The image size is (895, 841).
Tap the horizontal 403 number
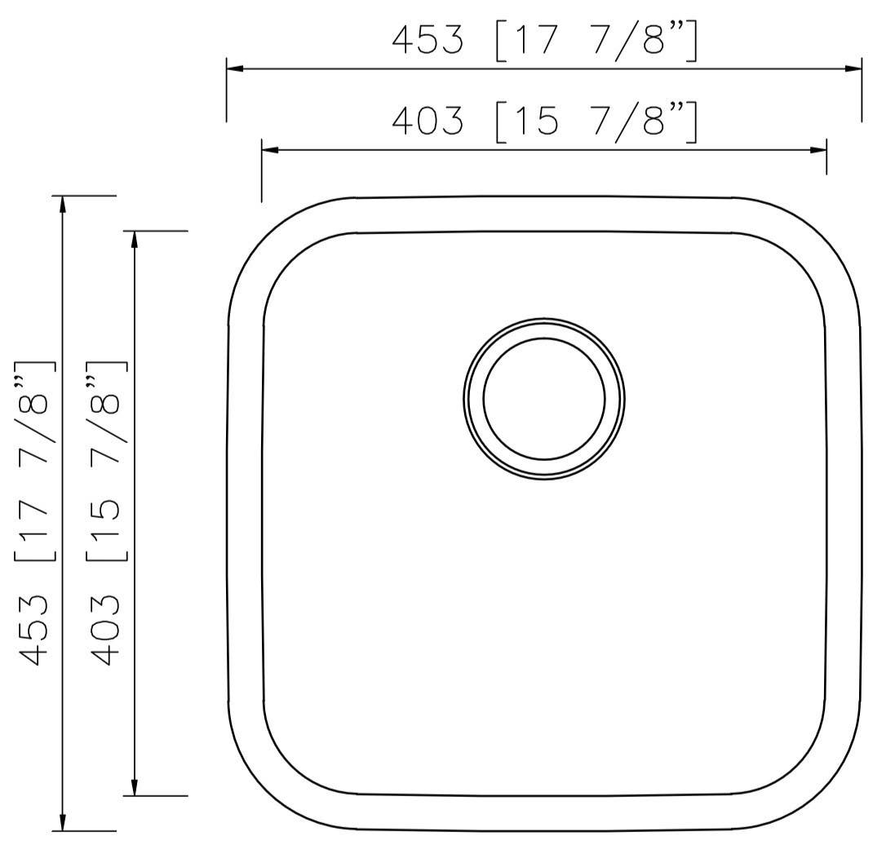click(427, 122)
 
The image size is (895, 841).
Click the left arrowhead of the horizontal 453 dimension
click(235, 69)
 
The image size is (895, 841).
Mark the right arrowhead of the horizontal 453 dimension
click(853, 69)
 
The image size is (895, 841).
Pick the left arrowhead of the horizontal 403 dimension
click(270, 150)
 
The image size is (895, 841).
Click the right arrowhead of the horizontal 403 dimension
click(818, 150)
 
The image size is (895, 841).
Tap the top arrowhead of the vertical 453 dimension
click(63, 204)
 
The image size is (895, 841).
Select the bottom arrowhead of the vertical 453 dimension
click(63, 823)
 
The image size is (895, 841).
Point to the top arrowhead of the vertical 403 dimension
click(135, 239)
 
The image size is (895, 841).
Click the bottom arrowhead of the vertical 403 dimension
click(135, 787)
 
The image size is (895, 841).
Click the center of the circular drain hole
click(544, 398)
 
